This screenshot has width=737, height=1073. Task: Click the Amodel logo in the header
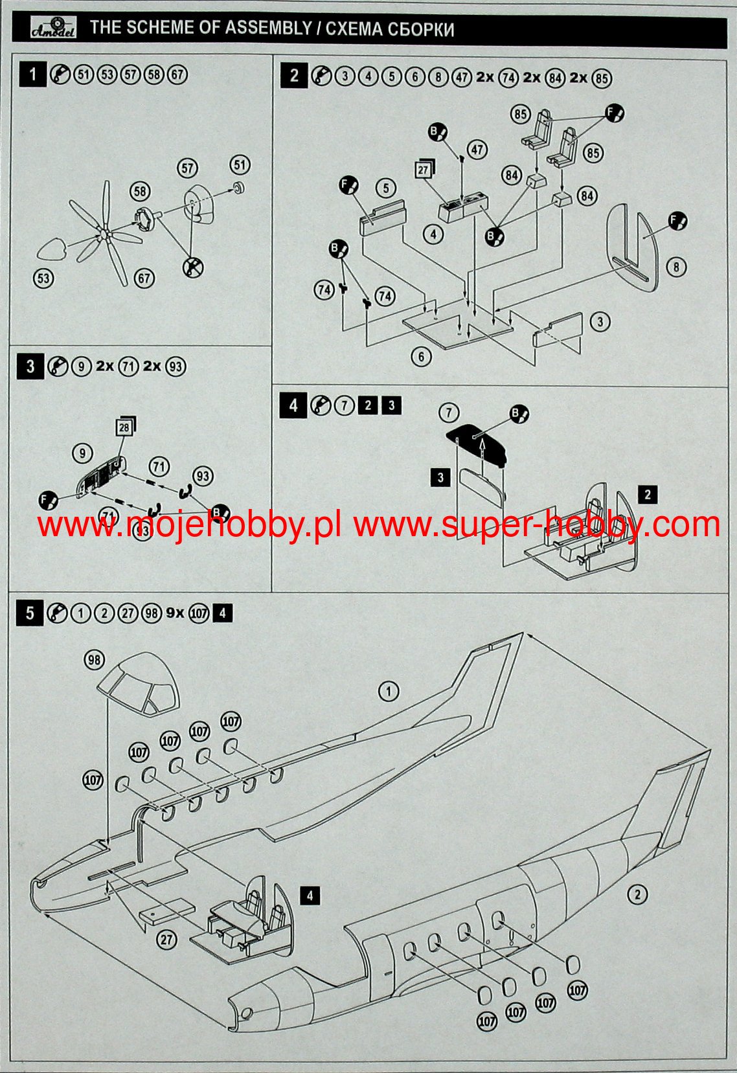coord(53,28)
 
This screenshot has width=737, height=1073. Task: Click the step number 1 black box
coord(32,74)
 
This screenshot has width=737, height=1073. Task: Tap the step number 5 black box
coord(30,613)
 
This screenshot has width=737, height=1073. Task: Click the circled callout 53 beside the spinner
coord(43,279)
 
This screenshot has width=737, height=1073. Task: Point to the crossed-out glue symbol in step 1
coord(192,265)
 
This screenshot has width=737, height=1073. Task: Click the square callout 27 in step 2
coord(423,170)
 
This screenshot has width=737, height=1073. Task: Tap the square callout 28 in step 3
coord(124,427)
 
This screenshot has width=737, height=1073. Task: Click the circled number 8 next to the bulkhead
coord(676,267)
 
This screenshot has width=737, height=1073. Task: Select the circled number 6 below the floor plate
coord(422,356)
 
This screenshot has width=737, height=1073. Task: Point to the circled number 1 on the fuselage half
coord(389,692)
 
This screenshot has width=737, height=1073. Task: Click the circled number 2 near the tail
coord(637,895)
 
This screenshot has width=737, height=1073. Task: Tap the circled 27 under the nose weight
coord(167,939)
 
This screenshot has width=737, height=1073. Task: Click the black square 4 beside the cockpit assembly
coord(310,896)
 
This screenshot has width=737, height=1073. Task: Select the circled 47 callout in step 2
coord(477,150)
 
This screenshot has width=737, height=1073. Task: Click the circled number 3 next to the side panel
coord(600,322)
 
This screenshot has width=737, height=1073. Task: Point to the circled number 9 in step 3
coord(82,453)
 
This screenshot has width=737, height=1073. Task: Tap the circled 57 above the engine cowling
coord(187,169)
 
